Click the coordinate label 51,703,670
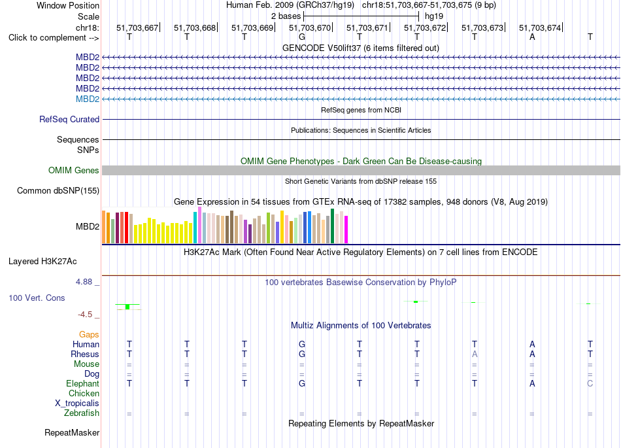310,27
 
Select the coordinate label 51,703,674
540,27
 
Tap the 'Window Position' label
68,5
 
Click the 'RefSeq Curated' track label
69,119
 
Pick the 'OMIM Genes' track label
74,170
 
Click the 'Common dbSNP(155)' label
58,190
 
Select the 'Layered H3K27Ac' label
42,262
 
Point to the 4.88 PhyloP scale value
84,282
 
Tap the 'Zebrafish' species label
82,413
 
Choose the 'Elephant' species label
83,383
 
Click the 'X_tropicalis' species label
77,404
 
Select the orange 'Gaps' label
89,335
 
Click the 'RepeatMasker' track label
72,432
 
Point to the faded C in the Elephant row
590,383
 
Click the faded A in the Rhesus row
475,354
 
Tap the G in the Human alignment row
302,344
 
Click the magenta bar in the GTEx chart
346,230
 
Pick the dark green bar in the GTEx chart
333,226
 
